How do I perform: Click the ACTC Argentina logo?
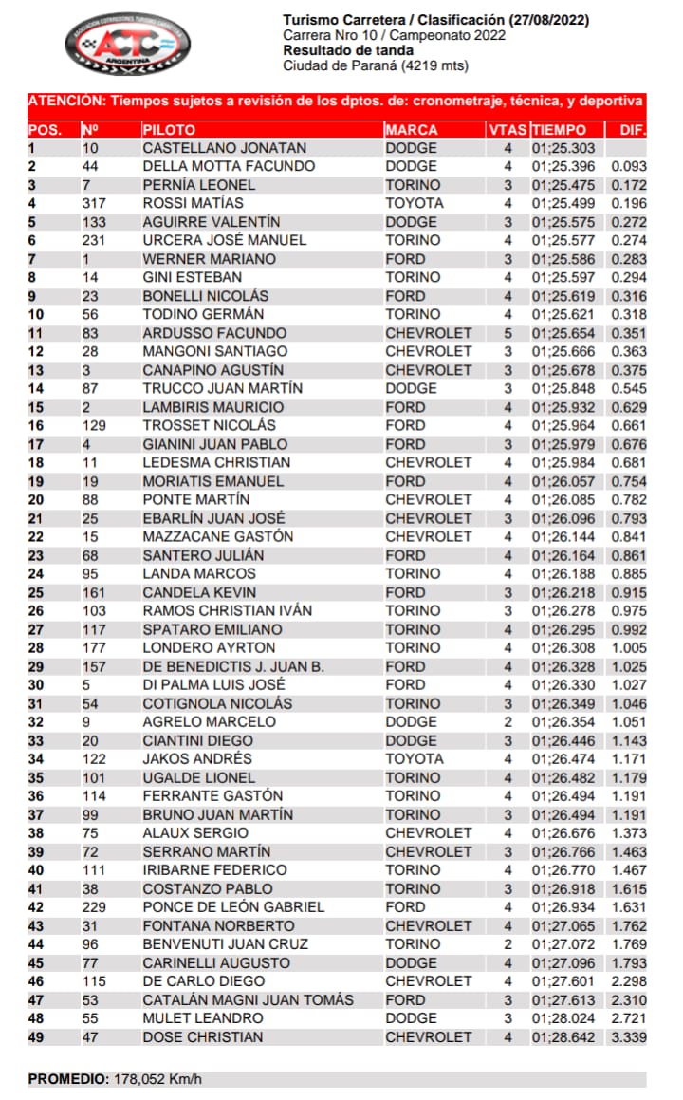(128, 44)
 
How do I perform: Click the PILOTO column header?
(169, 130)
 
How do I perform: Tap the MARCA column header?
(412, 130)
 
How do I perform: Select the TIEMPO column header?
(559, 130)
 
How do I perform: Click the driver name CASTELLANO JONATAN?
(224, 148)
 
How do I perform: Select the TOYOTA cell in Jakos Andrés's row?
(414, 758)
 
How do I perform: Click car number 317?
(96, 203)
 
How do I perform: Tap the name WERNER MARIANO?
(209, 259)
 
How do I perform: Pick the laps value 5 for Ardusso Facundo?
(508, 333)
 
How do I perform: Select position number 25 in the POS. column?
(36, 592)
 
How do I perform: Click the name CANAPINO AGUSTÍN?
(212, 370)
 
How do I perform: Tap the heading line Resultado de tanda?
(347, 50)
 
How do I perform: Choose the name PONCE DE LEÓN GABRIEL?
(233, 906)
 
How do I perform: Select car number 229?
(96, 906)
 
